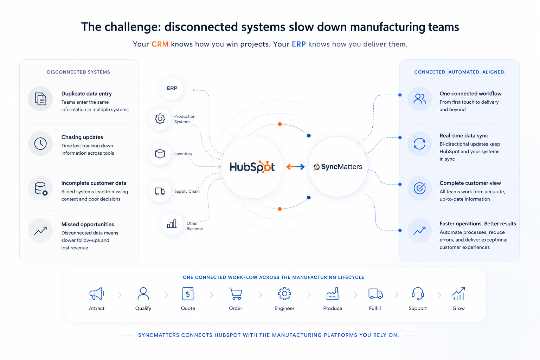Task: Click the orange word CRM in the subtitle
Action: click(160, 44)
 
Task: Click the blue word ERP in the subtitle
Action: click(299, 44)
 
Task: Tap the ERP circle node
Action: click(172, 88)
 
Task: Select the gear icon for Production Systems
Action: click(160, 118)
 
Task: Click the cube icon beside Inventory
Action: click(160, 154)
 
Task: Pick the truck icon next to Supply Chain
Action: click(160, 191)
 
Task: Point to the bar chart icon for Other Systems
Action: click(172, 224)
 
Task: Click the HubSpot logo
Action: click(252, 167)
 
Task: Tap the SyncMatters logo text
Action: click(338, 167)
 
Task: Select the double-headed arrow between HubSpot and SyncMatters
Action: click(296, 167)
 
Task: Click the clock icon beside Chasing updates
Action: click(40, 144)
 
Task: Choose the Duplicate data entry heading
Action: click(86, 94)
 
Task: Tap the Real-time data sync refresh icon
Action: click(419, 144)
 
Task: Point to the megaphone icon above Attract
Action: click(97, 294)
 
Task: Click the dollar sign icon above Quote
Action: click(188, 294)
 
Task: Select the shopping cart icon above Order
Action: click(235, 294)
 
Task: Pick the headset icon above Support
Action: click(418, 294)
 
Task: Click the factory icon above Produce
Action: click(333, 294)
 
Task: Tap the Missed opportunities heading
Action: click(88, 224)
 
